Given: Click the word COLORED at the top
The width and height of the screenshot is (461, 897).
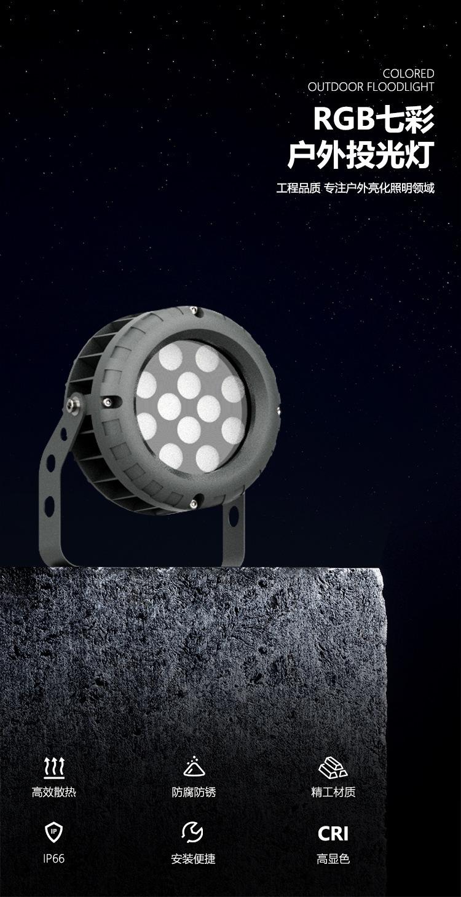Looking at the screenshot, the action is [408, 74].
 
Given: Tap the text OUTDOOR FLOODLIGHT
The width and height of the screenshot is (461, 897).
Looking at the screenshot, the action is [371, 87].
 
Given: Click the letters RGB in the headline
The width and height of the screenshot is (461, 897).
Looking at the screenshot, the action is [344, 119].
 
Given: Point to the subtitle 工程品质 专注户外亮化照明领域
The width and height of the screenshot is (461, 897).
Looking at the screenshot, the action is [355, 188].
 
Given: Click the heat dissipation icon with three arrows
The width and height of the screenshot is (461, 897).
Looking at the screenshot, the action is [53, 769].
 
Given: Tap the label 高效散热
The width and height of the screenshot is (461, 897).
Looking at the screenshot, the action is [53, 792].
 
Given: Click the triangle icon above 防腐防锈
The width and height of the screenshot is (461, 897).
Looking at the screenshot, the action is [194, 766].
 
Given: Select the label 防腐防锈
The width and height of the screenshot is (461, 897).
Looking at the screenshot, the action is [194, 792].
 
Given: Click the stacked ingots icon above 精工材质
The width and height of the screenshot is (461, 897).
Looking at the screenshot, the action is [333, 767].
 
